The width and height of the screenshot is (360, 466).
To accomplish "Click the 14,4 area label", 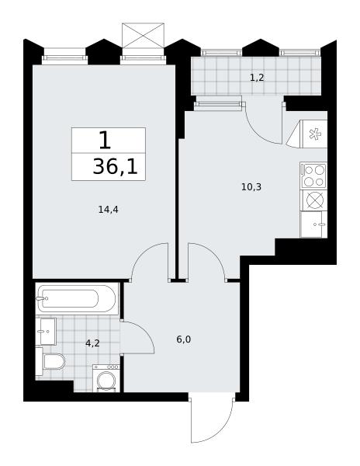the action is (109, 210).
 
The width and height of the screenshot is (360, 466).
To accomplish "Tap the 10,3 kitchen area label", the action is (251, 187).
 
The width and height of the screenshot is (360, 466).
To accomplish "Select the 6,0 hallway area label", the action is (184, 339).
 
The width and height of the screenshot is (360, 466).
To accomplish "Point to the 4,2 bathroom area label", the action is (92, 343).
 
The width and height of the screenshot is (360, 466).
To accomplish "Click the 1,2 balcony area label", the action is (257, 78).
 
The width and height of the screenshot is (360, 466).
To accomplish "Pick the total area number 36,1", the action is (115, 167).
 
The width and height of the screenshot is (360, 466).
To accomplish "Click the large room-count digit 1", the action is (105, 141).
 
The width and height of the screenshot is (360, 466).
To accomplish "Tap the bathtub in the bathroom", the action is (77, 298).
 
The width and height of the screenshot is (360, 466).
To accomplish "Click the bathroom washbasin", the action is (46, 332).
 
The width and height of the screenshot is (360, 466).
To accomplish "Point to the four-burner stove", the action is (313, 176).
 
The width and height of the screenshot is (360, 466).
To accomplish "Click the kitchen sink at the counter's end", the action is (313, 224).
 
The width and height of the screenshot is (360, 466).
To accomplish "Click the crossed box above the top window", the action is (143, 36).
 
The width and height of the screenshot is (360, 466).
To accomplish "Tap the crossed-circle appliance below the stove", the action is (314, 200).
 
